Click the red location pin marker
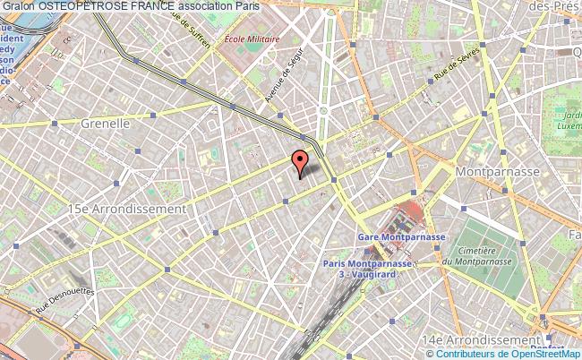tap(300, 164)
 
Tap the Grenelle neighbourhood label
tap(106, 124)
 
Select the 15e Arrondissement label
tap(127, 208)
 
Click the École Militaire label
tap(252, 39)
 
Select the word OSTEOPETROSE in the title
tap(81, 6)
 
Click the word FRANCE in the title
tap(151, 6)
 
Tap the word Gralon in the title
tap(19, 6)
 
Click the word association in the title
tap(209, 6)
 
